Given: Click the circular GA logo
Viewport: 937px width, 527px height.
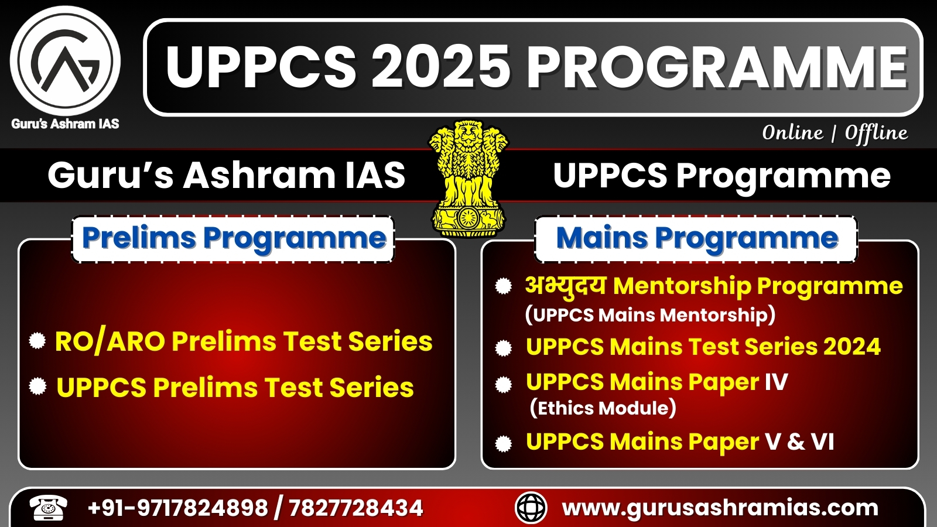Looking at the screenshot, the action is pyautogui.click(x=65, y=61).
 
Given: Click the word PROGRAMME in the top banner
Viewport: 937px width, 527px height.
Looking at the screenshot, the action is pyautogui.click(x=717, y=67).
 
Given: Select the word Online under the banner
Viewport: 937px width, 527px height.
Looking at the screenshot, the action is pyautogui.click(x=792, y=134).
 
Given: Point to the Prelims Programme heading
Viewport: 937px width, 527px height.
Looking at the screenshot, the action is pyautogui.click(x=234, y=238).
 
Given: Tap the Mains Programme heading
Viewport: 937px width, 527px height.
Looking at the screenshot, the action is pyautogui.click(x=697, y=238).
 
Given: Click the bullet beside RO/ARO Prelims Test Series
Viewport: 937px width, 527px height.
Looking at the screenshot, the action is pyautogui.click(x=37, y=340).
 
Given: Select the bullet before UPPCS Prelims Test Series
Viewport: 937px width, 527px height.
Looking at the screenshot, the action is pyautogui.click(x=37, y=386).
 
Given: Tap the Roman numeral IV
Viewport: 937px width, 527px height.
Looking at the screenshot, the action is pyautogui.click(x=777, y=381).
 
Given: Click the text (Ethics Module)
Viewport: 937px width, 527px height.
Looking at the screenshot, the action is pyautogui.click(x=603, y=408).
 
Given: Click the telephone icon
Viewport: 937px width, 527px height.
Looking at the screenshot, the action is pyautogui.click(x=49, y=508).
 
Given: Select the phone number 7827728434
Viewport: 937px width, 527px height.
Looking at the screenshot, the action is pyautogui.click(x=355, y=508).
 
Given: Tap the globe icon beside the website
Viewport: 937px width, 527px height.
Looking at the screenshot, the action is pyautogui.click(x=531, y=508).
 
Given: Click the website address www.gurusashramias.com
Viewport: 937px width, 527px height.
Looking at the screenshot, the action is pyautogui.click(x=720, y=508).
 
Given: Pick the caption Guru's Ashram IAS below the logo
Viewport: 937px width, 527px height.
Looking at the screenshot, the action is pyautogui.click(x=65, y=124).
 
